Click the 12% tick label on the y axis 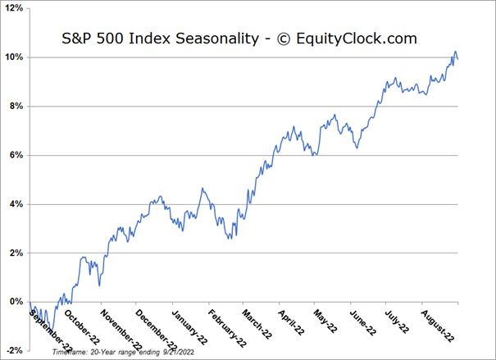[x=13, y=8]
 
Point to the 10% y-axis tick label [x=13, y=57]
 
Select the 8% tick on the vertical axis [x=16, y=106]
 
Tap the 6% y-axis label [x=16, y=155]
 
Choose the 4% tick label [x=16, y=204]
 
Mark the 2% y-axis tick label [x=16, y=253]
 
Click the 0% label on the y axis [x=16, y=302]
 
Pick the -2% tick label [x=14, y=350]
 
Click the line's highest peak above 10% [x=455, y=52]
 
